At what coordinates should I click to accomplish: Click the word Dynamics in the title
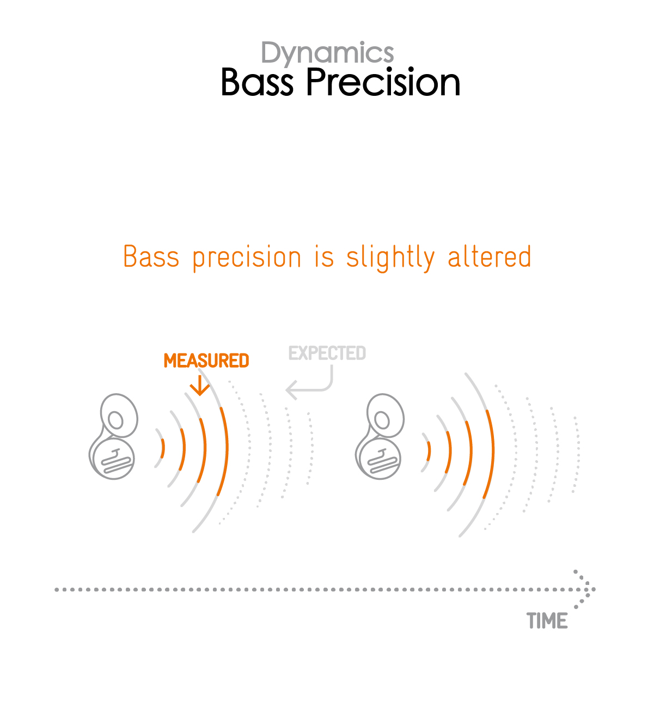(327, 53)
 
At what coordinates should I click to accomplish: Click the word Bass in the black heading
(257, 82)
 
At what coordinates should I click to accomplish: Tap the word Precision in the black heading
(383, 82)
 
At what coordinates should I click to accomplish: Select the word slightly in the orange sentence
(390, 258)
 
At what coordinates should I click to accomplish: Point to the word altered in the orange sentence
(489, 257)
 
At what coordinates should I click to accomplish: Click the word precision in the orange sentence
(247, 258)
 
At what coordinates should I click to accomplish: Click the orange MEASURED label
(206, 361)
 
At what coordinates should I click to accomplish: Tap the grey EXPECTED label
(327, 353)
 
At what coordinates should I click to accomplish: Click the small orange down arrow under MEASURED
(200, 386)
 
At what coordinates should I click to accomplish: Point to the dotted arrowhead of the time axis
(584, 589)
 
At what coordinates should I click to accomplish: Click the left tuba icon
(113, 436)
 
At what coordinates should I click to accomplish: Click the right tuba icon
(379, 436)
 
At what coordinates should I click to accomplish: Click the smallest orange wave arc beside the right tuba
(429, 451)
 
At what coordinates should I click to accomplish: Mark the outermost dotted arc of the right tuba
(577, 454)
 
